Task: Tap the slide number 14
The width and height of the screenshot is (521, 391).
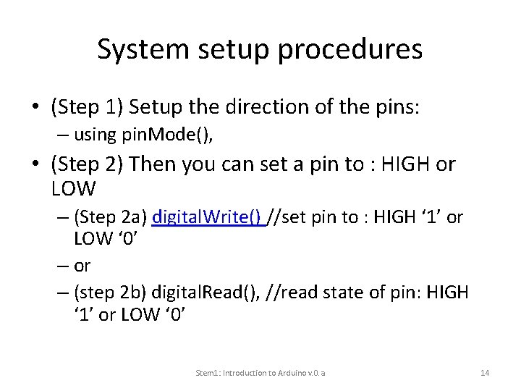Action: pyautogui.click(x=485, y=372)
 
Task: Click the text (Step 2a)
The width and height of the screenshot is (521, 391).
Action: pyautogui.click(x=111, y=218)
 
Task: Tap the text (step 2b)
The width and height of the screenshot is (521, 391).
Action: pyautogui.click(x=111, y=293)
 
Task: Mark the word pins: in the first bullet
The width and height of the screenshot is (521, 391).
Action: pyautogui.click(x=402, y=109)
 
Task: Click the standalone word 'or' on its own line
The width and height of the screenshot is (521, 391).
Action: pyautogui.click(x=82, y=266)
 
